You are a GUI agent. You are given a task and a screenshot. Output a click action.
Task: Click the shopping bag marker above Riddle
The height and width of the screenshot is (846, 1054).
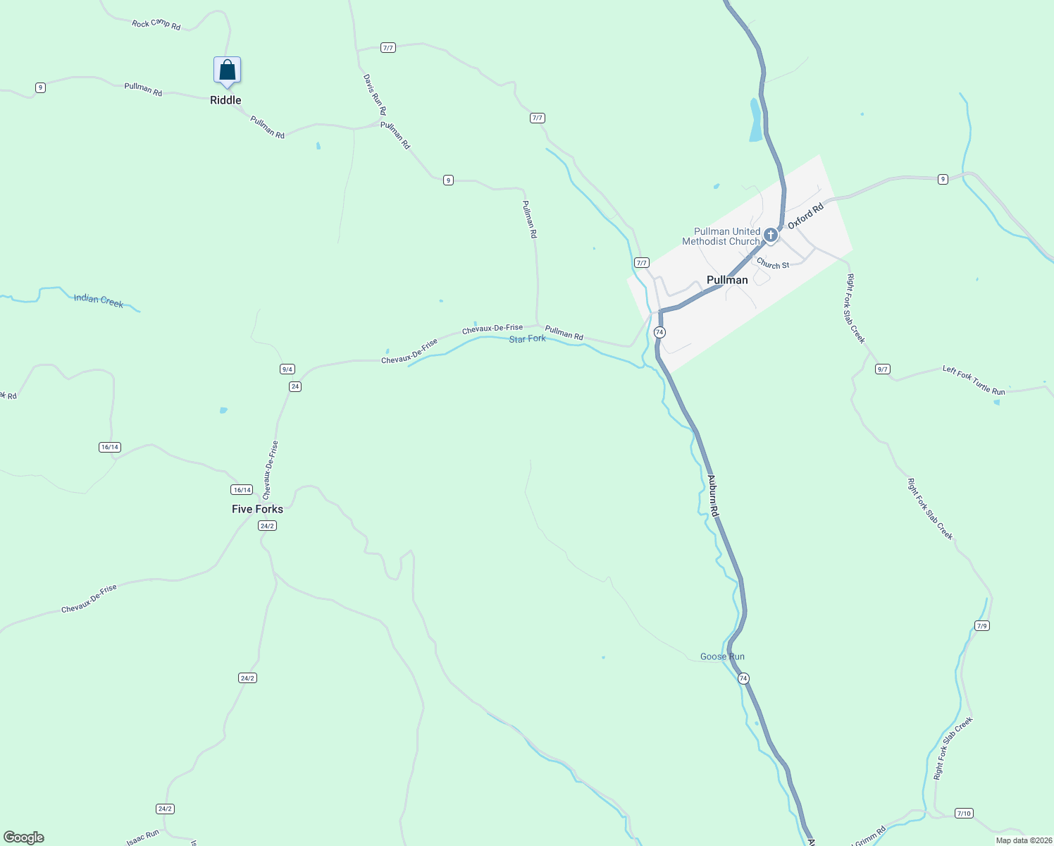coord(227,70)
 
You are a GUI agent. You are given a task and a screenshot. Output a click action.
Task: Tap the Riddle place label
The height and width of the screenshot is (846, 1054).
coord(225,100)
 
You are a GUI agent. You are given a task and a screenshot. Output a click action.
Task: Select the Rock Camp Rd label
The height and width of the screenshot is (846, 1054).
coord(156,25)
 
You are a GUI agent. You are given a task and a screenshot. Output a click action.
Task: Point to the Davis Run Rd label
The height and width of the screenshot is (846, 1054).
coord(374,95)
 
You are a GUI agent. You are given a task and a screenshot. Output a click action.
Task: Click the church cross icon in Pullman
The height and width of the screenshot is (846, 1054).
coord(771,235)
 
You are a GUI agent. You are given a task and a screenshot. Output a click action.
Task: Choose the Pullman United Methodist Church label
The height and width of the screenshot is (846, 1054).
coord(721,236)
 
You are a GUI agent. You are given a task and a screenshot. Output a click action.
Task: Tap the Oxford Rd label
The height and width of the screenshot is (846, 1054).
coord(805,216)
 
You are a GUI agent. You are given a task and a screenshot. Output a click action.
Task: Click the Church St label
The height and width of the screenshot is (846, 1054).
coord(773,264)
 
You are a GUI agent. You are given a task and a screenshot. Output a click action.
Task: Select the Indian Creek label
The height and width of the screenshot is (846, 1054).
coord(99,301)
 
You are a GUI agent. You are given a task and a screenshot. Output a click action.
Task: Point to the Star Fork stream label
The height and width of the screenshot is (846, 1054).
coord(527,339)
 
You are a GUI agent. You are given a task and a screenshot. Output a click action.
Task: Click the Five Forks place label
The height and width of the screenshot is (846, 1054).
coord(257,509)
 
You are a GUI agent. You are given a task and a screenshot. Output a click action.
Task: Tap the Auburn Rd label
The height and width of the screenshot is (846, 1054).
coord(713,495)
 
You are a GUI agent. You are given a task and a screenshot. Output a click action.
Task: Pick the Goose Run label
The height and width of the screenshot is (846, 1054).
coord(722,656)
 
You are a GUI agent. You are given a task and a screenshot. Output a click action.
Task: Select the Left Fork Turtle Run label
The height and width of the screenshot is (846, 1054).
coord(974,380)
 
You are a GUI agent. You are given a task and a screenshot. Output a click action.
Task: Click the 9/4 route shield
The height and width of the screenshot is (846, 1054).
coord(287,369)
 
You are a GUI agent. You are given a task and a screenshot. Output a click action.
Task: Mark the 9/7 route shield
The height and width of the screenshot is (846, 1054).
coord(882,369)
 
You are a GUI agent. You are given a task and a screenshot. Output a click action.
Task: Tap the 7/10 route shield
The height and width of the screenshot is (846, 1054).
coord(964,813)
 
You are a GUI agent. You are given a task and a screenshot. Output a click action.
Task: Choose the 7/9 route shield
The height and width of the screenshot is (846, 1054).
coord(982,625)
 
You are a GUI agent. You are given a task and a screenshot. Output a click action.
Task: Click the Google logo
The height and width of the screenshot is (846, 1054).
coord(24,837)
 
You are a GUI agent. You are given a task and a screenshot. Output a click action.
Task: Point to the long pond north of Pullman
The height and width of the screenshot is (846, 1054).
coord(755,120)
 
